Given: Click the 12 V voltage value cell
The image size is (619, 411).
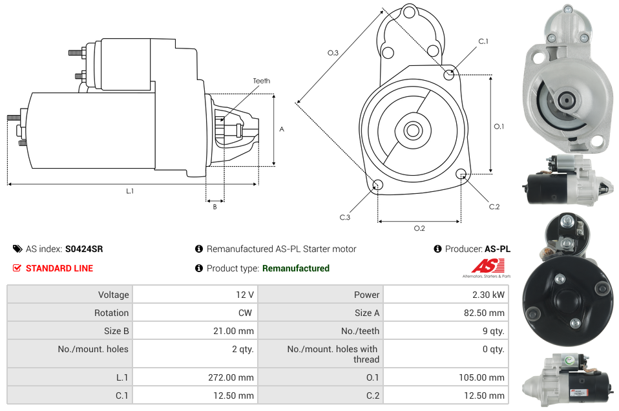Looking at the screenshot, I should pyautogui.click(x=244, y=295).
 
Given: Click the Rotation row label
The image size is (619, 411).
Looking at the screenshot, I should pyautogui.click(x=111, y=313).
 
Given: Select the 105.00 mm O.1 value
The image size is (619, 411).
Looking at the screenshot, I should pyautogui.click(x=487, y=377).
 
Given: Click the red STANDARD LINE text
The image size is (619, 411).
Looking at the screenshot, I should pyautogui.click(x=59, y=268).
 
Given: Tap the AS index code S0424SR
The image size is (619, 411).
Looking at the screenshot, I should pyautogui.click(x=84, y=249).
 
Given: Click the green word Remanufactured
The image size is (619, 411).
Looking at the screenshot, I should pyautogui.click(x=295, y=268).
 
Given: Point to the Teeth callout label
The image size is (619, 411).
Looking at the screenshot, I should pyautogui.click(x=261, y=81).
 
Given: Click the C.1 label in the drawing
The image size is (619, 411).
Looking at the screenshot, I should pyautogui.click(x=483, y=41).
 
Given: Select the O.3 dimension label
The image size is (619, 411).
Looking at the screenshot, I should pyautogui.click(x=333, y=53).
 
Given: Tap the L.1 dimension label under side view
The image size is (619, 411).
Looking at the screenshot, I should pyautogui.click(x=130, y=191).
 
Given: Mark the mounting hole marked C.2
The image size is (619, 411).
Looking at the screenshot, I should pyautogui.click(x=461, y=174).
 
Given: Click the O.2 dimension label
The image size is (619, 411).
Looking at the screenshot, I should pyautogui.click(x=419, y=228).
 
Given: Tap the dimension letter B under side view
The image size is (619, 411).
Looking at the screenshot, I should pyautogui.click(x=215, y=207).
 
